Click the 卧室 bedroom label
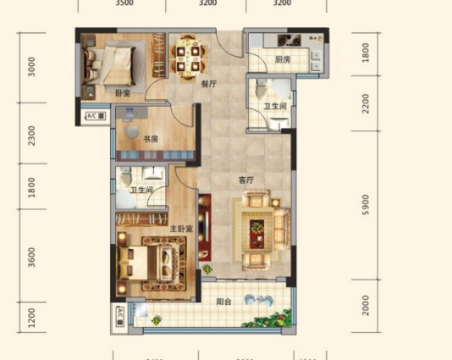click(x=110, y=94)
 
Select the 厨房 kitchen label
click(x=282, y=60)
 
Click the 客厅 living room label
click(x=247, y=179)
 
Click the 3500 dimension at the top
click(x=124, y=3)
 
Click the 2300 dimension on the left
click(x=32, y=135)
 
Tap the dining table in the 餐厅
click(x=187, y=56)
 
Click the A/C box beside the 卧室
click(x=94, y=116)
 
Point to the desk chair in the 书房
click(x=131, y=130)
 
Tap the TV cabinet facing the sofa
click(x=204, y=229)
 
